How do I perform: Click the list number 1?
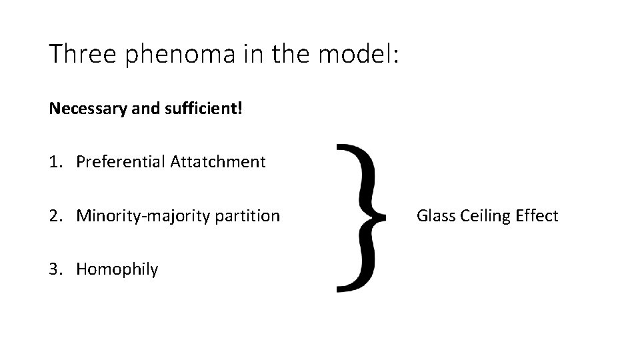[x=55, y=161]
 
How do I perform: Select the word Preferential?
[x=121, y=161]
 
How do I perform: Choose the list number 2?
[x=55, y=215]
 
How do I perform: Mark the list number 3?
[x=55, y=269]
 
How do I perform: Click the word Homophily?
[x=117, y=270]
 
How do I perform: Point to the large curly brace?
[x=361, y=217]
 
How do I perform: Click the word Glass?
[x=435, y=215]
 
